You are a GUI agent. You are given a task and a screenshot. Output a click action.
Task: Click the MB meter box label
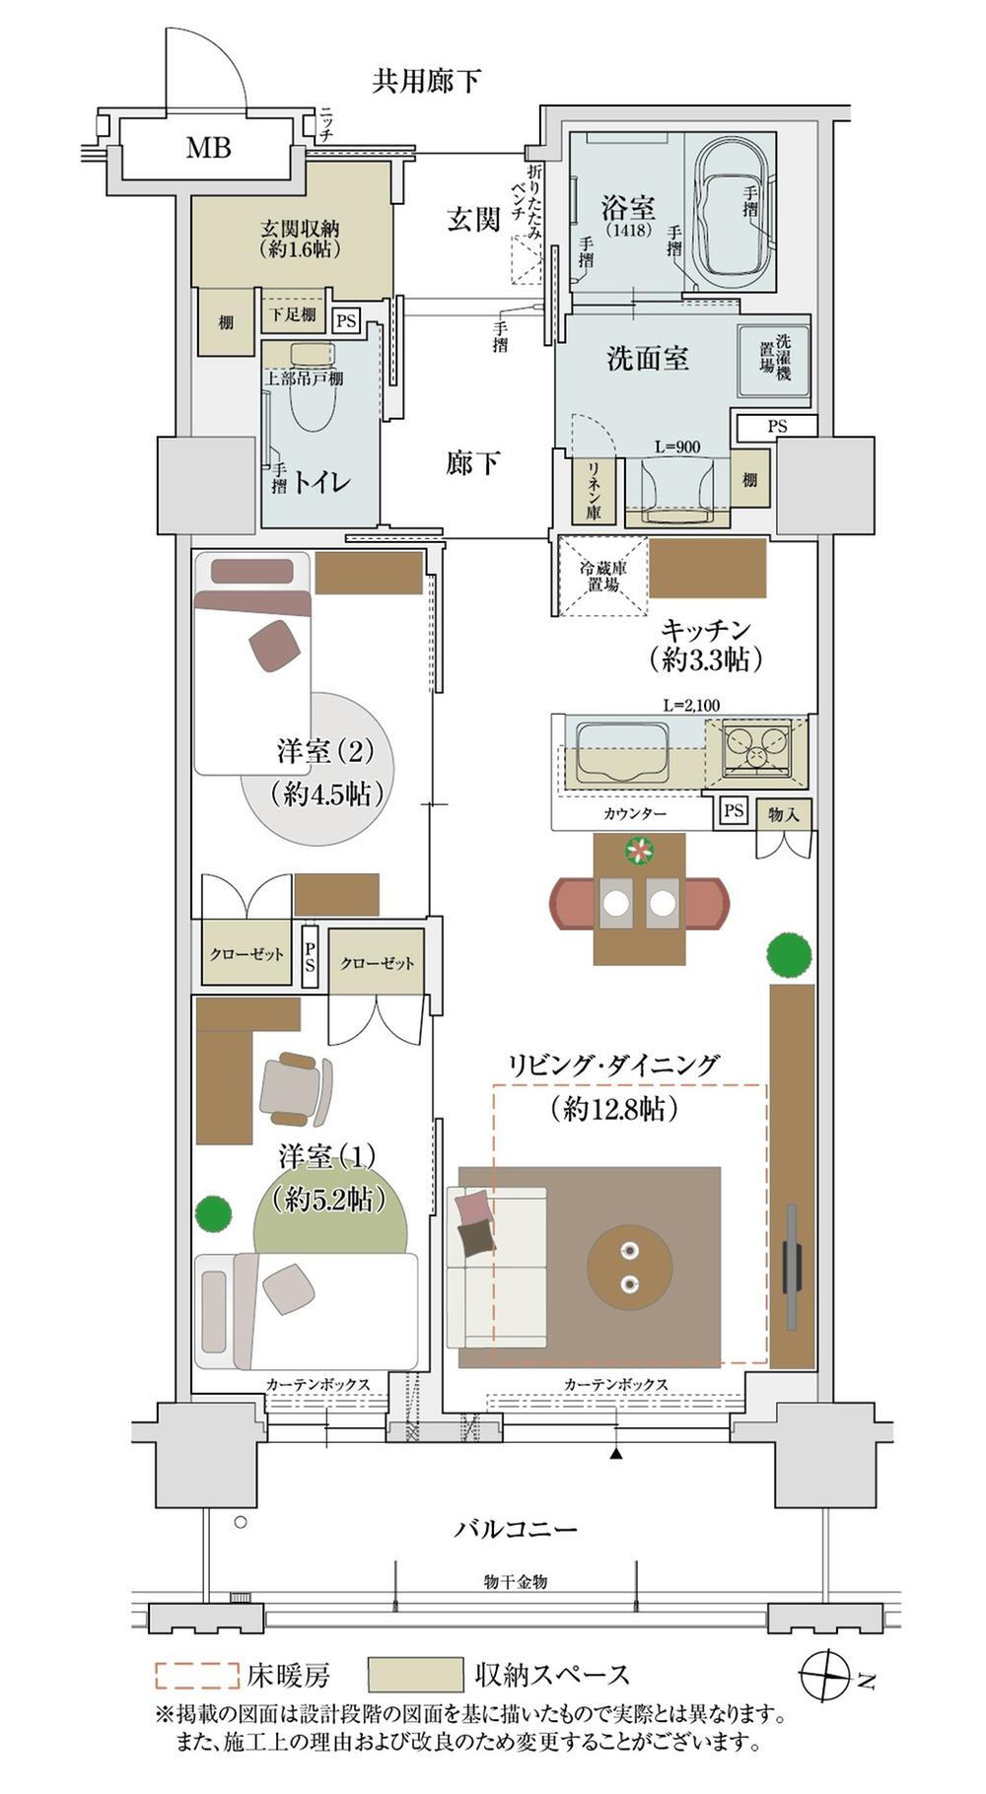(x=209, y=148)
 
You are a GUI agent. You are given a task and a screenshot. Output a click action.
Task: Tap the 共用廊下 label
(x=426, y=81)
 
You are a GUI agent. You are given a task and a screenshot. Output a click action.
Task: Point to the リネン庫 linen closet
(x=595, y=489)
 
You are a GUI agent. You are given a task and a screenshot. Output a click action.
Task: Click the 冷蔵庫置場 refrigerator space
(x=602, y=575)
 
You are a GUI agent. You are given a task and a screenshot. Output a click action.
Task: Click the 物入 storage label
(x=784, y=814)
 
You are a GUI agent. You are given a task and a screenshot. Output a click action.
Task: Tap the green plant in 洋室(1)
(x=213, y=1212)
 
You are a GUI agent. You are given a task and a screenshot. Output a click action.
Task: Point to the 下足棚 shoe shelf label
(x=293, y=314)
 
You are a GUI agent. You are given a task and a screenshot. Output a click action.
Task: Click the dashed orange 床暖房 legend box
(x=196, y=1674)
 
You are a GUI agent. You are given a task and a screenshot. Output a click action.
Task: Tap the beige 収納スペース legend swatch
(x=415, y=1674)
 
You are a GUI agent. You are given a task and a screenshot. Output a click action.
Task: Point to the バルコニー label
(x=515, y=1529)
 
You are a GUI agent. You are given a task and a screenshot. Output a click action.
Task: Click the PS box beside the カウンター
(x=733, y=811)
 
